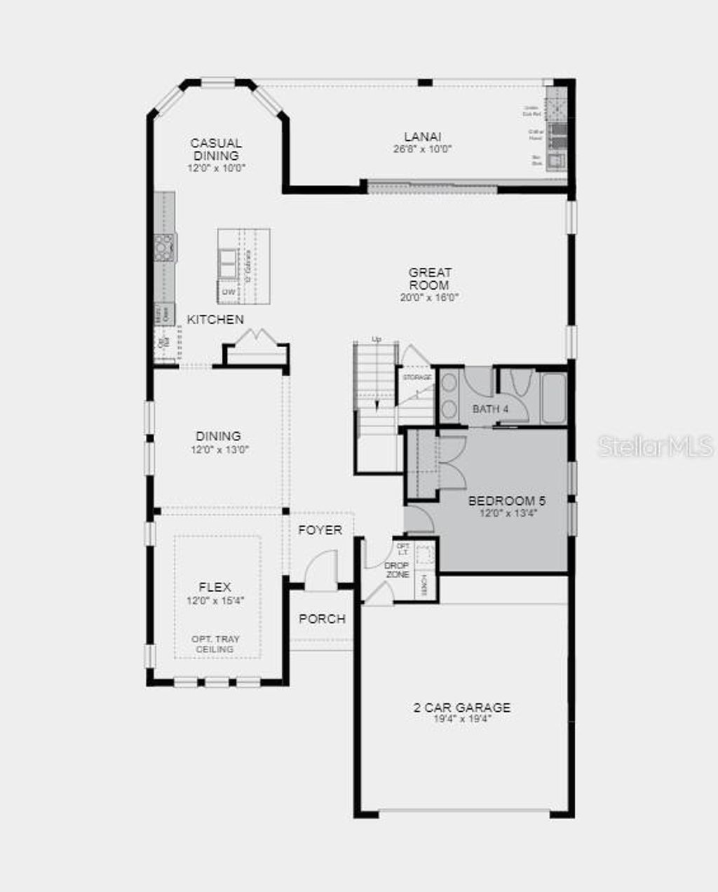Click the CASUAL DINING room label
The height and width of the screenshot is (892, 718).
[x=216, y=149]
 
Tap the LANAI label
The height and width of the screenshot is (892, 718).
[x=422, y=137]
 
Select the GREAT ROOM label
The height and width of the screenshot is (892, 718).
[x=430, y=278]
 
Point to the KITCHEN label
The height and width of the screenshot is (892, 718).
[x=215, y=320]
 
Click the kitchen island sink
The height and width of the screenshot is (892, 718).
[x=229, y=264]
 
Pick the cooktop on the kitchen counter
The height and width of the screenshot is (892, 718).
[x=165, y=248]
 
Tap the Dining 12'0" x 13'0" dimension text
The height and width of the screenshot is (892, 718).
[x=219, y=450]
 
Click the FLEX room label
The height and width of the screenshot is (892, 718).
[x=215, y=587]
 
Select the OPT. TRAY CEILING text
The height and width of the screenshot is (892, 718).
[x=215, y=644]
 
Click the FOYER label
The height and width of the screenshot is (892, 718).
[x=320, y=530]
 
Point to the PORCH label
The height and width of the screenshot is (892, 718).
[x=323, y=619]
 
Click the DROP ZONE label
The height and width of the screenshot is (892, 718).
[x=397, y=569]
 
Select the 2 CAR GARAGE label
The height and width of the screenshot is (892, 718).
[x=462, y=708]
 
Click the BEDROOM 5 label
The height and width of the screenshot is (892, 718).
[x=507, y=501]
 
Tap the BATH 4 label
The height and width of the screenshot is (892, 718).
[x=490, y=409]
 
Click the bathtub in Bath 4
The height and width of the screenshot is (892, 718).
[x=553, y=398]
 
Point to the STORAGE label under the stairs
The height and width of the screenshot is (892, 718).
[x=416, y=377]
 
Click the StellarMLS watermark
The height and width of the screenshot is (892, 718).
[x=655, y=446]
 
